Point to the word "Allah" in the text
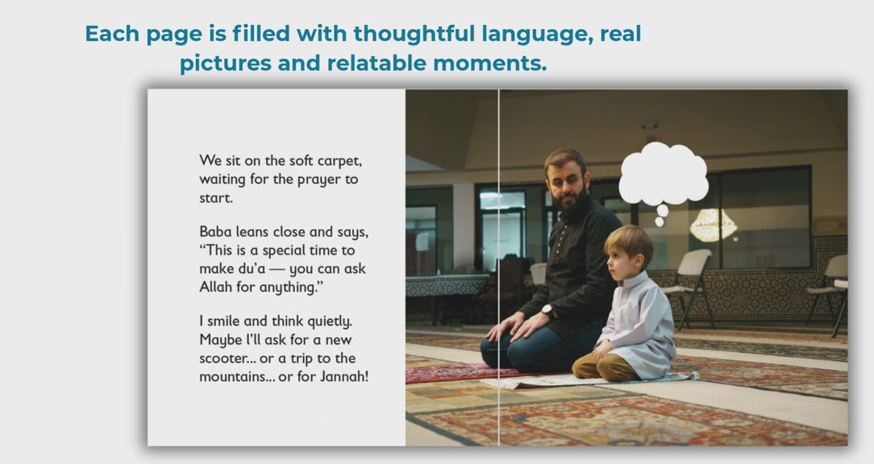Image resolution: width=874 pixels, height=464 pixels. [215, 287]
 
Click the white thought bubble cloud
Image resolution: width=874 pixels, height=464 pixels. [664, 174]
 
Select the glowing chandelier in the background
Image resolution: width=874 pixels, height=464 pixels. [713, 225]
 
